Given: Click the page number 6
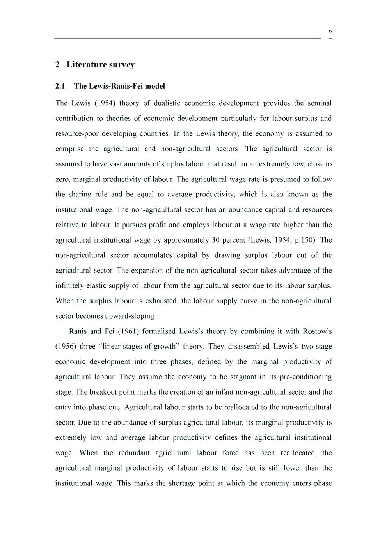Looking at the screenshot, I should tap(330, 31).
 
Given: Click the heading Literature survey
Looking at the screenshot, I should tap(101, 65).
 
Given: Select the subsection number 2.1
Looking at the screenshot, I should tap(60, 86).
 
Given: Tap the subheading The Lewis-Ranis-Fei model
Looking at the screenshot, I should tap(119, 86).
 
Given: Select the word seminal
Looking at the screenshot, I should tap(320, 103).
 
